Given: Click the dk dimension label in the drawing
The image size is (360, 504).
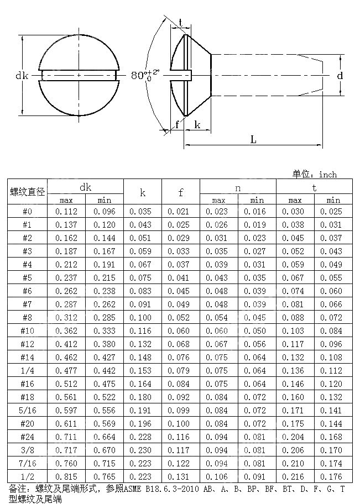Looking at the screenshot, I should click(x=22, y=75).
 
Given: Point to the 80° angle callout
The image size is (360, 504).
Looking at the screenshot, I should click(x=145, y=75).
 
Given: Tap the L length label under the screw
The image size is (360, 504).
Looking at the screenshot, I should click(x=253, y=139).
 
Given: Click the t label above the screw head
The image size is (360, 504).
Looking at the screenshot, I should click(x=181, y=23).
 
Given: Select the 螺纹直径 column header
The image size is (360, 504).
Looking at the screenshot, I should click(x=27, y=192).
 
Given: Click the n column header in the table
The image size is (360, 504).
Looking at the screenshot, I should click(x=238, y=187).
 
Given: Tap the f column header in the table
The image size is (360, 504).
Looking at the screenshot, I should click(x=181, y=192).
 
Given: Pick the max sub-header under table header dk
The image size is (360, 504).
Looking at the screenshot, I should click(x=66, y=200).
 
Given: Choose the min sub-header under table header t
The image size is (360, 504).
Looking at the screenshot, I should click(x=333, y=200).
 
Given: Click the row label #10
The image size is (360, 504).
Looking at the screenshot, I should click(x=27, y=330).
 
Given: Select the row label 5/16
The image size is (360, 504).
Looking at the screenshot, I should click(x=27, y=410).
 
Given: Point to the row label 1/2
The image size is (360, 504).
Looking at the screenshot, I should click(x=27, y=476).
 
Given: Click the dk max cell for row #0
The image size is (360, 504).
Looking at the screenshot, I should click(x=66, y=211).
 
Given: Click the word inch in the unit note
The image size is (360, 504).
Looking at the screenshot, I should click(x=328, y=175).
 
